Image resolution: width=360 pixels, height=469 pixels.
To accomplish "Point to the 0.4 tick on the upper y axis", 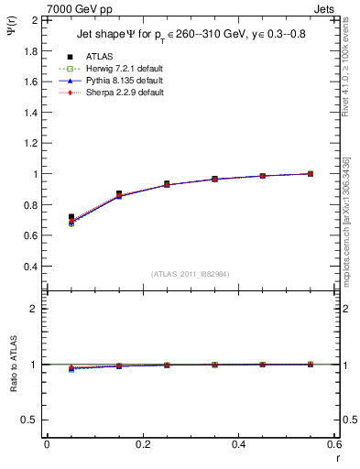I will pyautogui.click(x=32, y=267).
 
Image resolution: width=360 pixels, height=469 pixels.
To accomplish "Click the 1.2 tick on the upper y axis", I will pyautogui.click(x=32, y=143).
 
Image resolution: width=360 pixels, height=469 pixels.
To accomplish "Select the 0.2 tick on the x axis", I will pyautogui.click(x=142, y=444).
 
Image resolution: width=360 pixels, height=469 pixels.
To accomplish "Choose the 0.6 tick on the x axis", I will pyautogui.click(x=334, y=444).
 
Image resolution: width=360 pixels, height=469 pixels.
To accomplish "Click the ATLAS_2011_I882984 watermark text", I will pyautogui.click(x=191, y=274).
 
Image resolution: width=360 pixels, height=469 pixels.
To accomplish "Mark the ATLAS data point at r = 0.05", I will pyautogui.click(x=71, y=217).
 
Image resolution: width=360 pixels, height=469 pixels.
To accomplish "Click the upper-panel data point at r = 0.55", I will pyautogui.click(x=311, y=173).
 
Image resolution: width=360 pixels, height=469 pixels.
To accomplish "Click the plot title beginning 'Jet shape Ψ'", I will pyautogui.click(x=190, y=36).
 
